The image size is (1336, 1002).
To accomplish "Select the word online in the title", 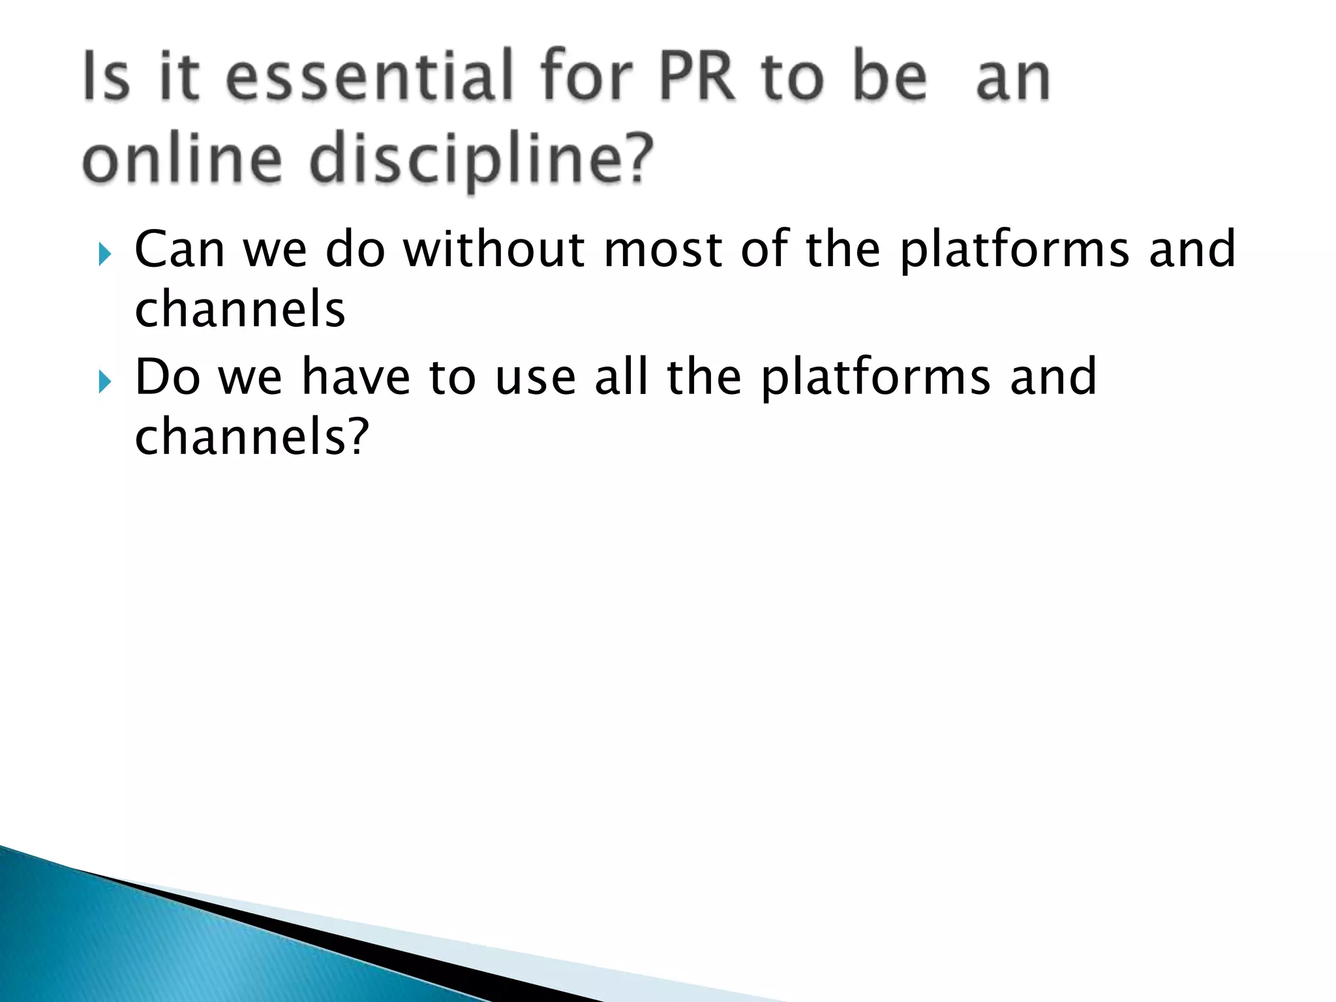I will tap(182, 160).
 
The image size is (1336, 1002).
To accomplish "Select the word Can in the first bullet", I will tap(179, 250).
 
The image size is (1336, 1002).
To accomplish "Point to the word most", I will tap(662, 250).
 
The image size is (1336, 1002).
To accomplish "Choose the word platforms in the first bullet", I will tap(1014, 250).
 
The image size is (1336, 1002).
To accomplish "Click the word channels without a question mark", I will tap(239, 310).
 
